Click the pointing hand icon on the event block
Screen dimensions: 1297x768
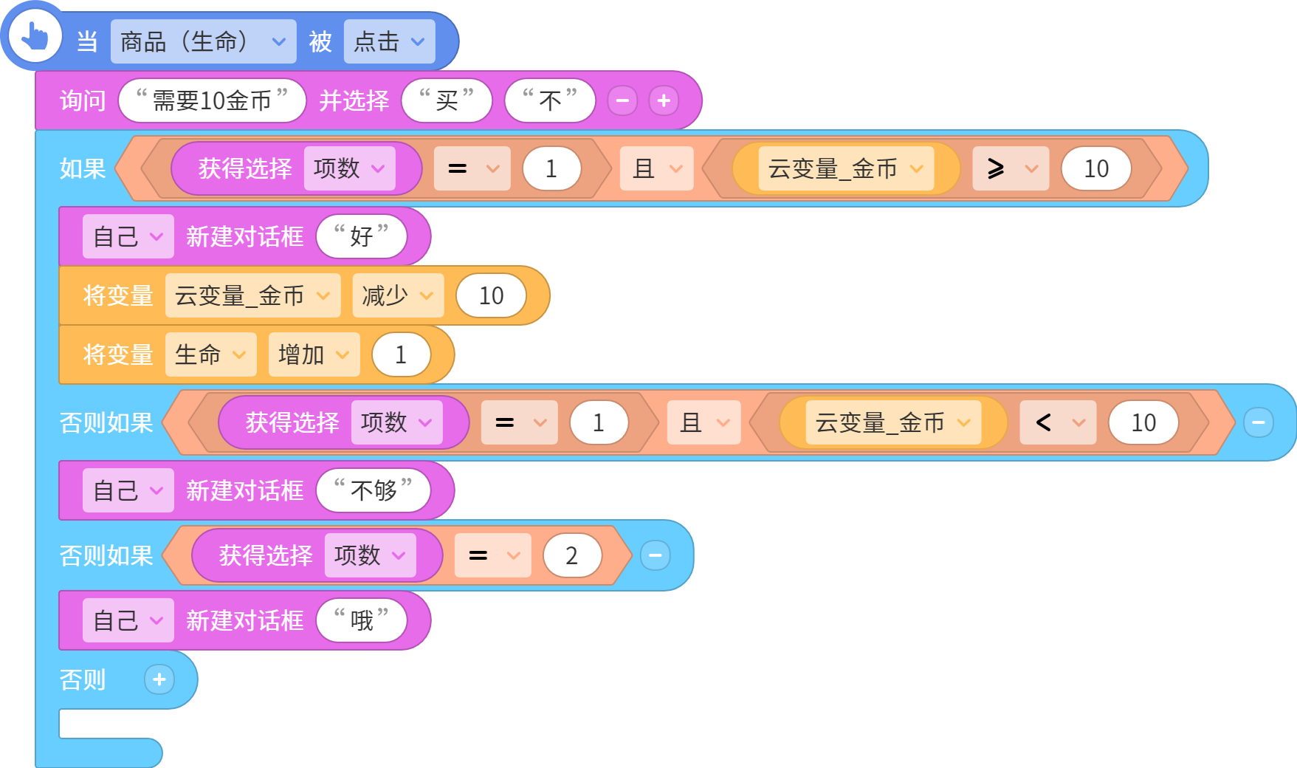[34, 35]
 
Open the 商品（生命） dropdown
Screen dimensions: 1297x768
[203, 41]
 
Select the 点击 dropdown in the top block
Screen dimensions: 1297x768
[389, 41]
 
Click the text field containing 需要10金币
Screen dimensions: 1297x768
[212, 100]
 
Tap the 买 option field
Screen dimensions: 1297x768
[447, 100]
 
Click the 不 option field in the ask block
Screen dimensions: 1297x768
[550, 100]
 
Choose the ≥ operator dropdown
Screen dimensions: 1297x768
[1011, 168]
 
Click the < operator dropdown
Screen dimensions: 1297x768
[1058, 422]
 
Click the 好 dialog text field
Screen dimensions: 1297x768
[361, 236]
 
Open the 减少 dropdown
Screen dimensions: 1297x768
[398, 295]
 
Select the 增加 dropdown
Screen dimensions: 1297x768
[314, 354]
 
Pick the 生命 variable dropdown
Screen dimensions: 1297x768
[210, 354]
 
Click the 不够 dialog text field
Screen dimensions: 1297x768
[373, 490]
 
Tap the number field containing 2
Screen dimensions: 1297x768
[572, 555]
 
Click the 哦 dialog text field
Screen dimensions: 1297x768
[361, 620]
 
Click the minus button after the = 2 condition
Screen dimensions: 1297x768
[655, 555]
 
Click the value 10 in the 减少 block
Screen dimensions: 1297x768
[491, 295]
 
